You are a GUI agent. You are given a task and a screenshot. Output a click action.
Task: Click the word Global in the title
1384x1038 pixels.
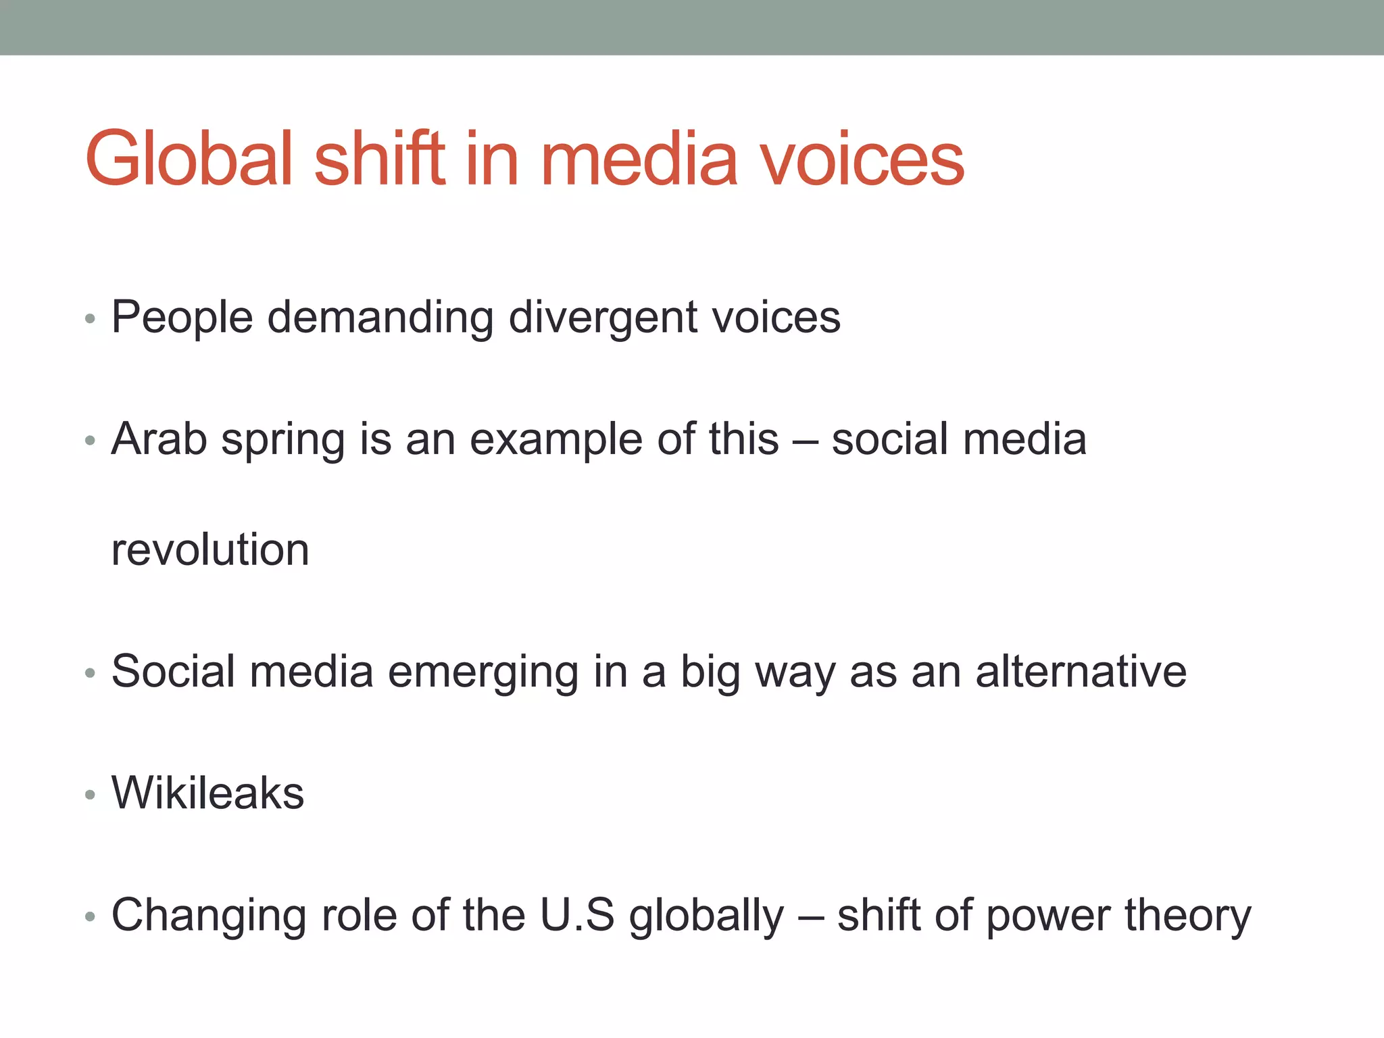[x=189, y=159]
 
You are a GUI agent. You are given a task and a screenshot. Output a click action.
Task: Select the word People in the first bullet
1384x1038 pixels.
[x=182, y=318]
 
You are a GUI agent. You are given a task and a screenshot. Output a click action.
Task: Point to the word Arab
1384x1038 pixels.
[x=159, y=439]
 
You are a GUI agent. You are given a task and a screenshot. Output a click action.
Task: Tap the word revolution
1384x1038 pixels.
[x=210, y=549]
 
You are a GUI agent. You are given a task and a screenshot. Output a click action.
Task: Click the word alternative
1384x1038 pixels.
[x=1081, y=672]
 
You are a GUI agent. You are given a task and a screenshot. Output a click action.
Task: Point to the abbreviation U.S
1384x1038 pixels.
[x=577, y=916]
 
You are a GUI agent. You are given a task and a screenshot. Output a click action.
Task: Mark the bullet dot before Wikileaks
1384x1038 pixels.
[x=91, y=795]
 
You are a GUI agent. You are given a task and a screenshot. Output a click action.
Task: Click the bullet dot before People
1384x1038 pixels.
[x=91, y=318]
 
